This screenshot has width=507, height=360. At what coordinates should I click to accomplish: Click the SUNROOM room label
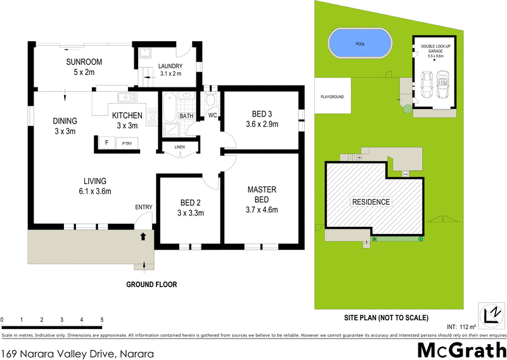pyautogui.click(x=84, y=62)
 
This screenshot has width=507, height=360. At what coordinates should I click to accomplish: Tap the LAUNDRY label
pyautogui.click(x=170, y=66)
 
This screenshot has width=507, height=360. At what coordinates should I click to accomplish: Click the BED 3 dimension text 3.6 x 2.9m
pyautogui.click(x=262, y=124)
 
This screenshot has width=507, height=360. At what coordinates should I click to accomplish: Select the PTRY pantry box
pyautogui.click(x=119, y=144)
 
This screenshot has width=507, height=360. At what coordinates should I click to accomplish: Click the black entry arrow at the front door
pyautogui.click(x=143, y=236)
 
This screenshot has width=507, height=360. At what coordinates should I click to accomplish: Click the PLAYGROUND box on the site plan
pyautogui.click(x=332, y=97)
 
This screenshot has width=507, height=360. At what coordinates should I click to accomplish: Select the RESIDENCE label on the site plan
pyautogui.click(x=371, y=202)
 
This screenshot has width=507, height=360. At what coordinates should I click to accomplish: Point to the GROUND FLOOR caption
pyautogui.click(x=151, y=285)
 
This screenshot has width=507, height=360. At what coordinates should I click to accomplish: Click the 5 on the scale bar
pyautogui.click(x=101, y=319)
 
